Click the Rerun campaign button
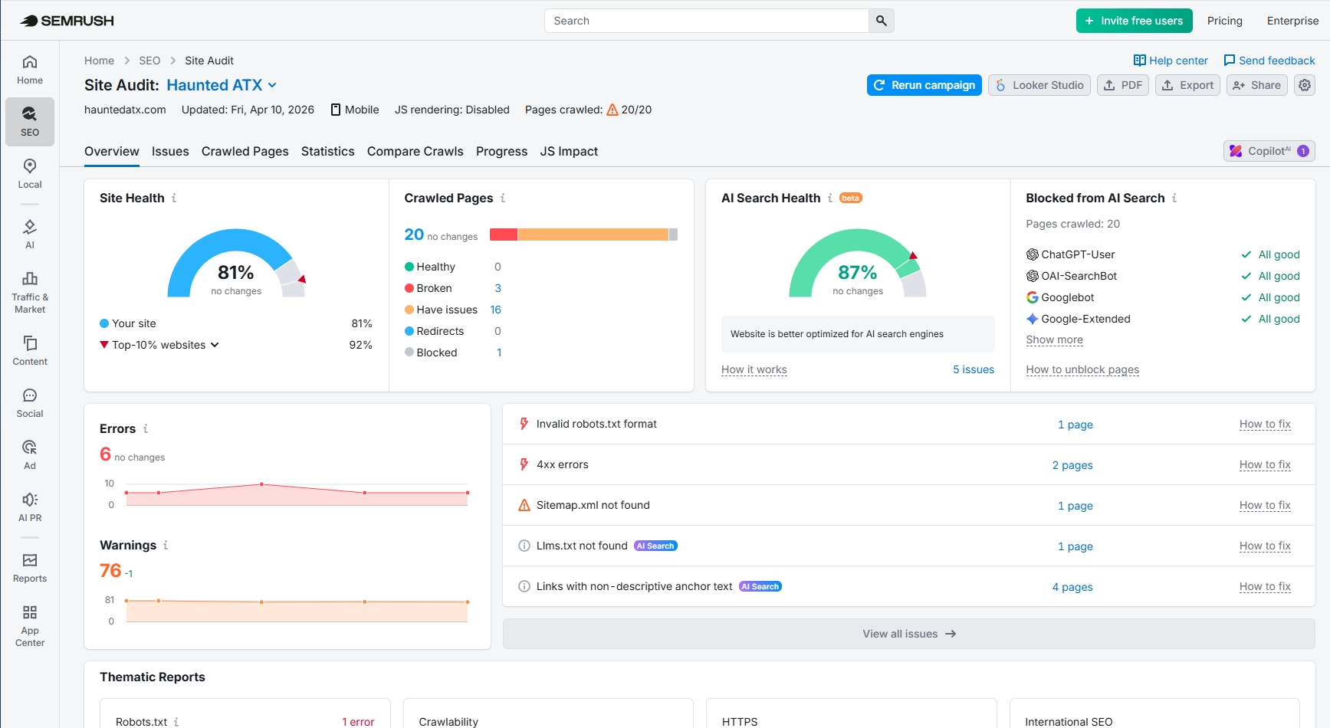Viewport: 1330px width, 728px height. click(924, 85)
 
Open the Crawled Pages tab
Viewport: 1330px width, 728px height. click(245, 152)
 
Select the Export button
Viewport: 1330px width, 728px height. click(1187, 85)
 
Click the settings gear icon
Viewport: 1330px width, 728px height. click(1305, 85)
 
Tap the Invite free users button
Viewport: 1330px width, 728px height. click(1134, 21)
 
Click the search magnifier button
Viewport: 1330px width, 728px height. click(881, 21)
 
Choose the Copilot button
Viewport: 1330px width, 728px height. click(1269, 151)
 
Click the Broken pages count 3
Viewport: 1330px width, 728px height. click(498, 288)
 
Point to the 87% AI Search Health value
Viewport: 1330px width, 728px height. click(857, 273)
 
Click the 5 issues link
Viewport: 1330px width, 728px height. click(973, 369)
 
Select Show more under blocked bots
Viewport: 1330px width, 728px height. click(1054, 339)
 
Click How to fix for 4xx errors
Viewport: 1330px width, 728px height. click(1264, 464)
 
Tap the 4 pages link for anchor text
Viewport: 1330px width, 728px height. click(1072, 587)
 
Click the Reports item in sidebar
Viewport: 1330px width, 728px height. click(30, 568)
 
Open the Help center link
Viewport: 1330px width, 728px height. click(1171, 61)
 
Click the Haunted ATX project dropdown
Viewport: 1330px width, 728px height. click(222, 85)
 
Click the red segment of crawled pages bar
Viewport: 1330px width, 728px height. click(503, 234)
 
